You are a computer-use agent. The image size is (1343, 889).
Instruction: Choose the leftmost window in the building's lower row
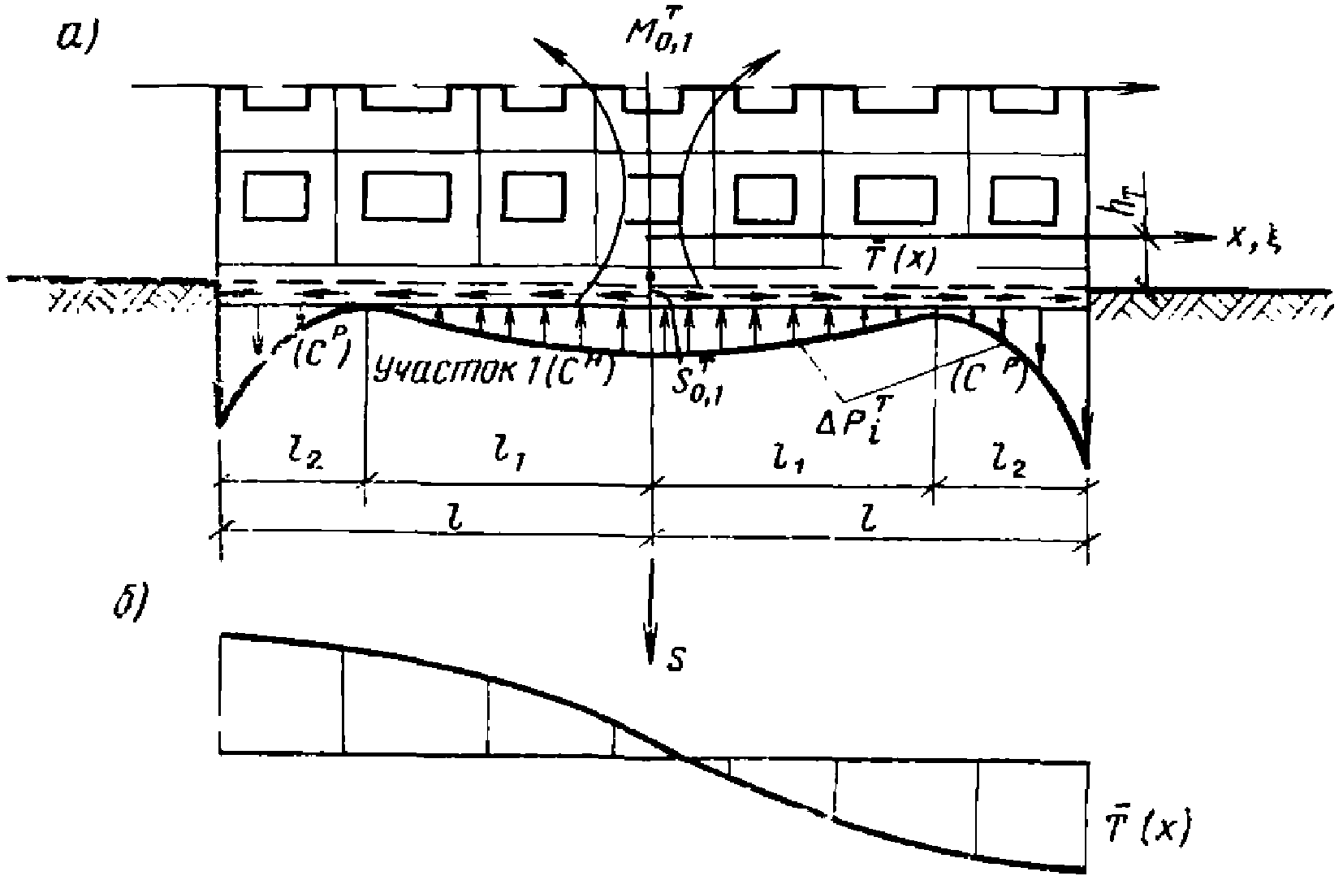276,195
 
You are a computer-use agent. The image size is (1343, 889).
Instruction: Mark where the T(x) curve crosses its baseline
683,758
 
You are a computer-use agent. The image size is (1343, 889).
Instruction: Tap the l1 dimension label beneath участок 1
507,457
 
